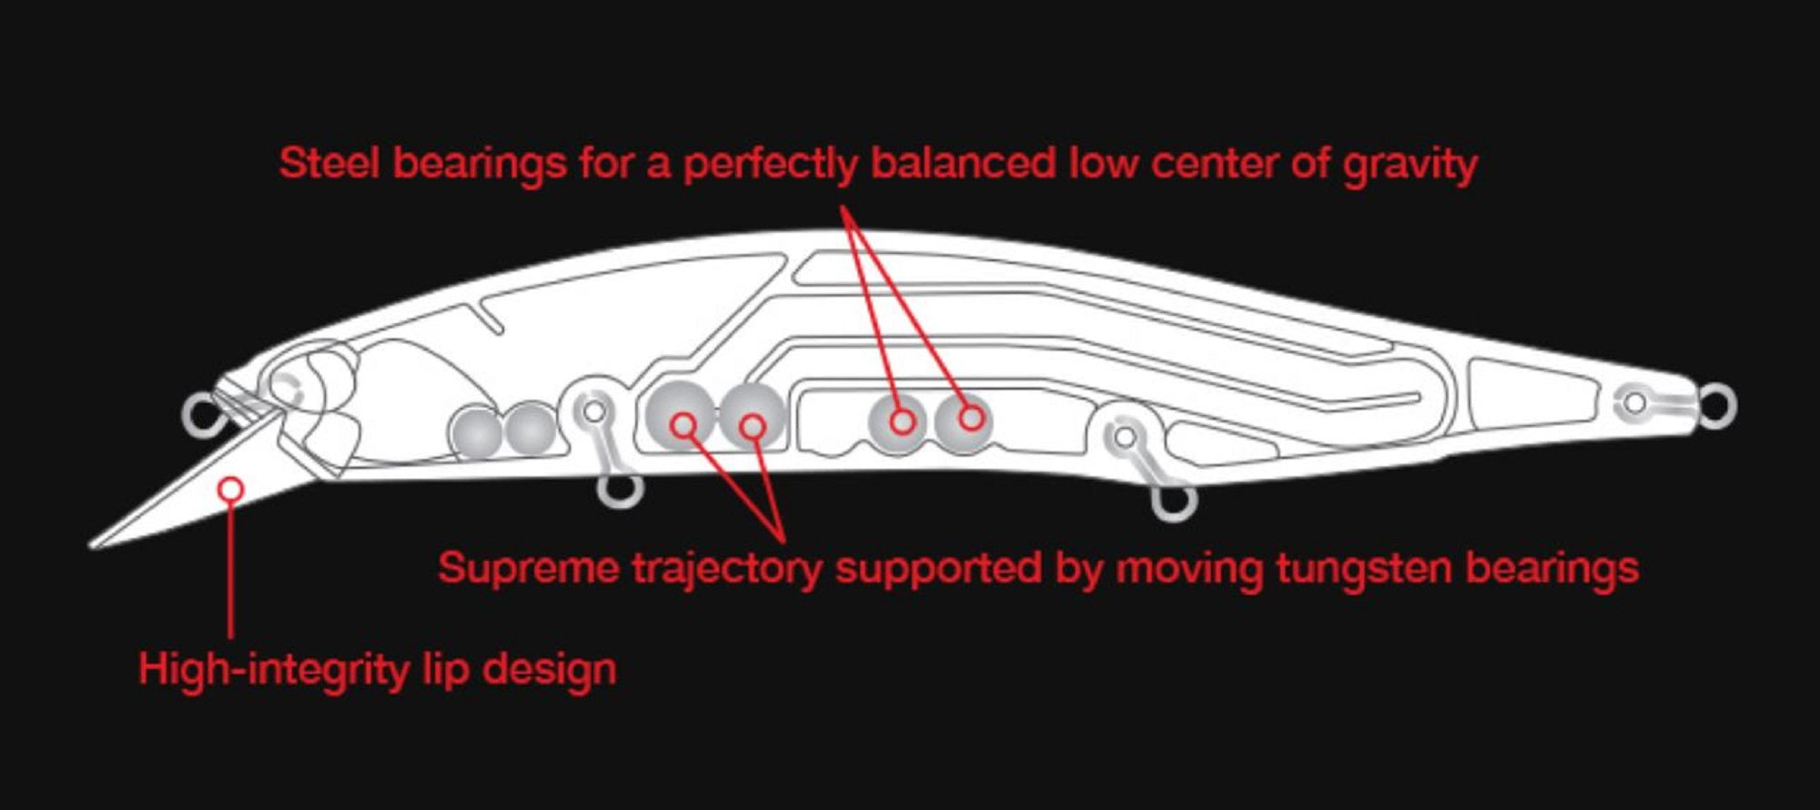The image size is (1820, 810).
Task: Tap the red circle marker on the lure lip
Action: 231,489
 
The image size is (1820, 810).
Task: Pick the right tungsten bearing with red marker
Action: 752,416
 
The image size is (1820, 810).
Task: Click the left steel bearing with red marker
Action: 897,421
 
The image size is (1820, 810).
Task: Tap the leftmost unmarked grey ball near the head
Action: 476,431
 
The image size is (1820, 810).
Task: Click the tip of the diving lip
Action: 91,545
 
